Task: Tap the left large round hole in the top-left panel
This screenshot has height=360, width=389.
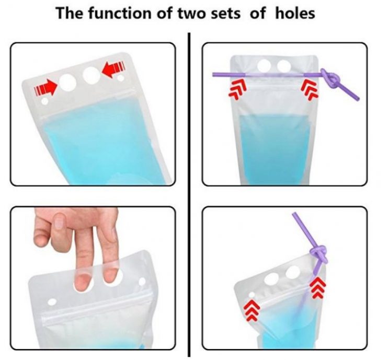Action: coord(67,82)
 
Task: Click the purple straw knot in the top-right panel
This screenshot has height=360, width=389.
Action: coord(330,79)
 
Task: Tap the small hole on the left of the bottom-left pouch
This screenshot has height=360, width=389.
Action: coord(52,301)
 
